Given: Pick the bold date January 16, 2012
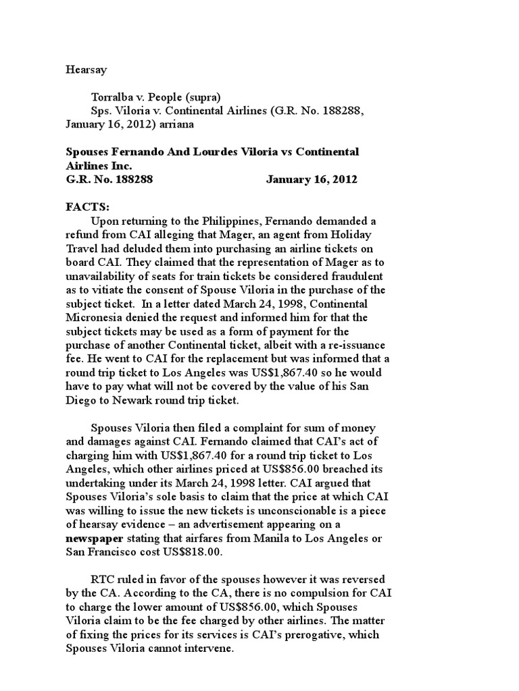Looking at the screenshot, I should coord(312,179).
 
